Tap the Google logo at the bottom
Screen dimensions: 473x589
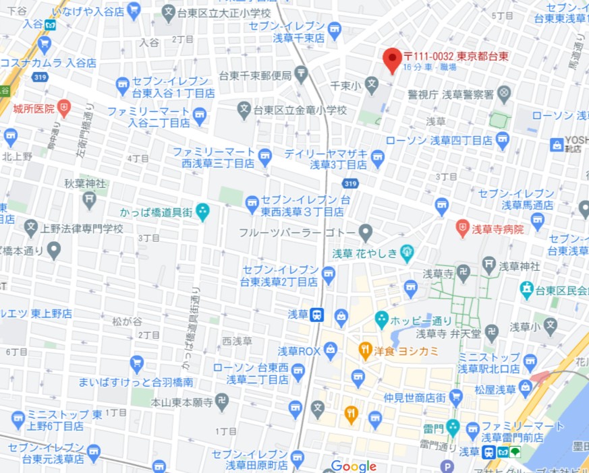pyautogui.click(x=354, y=466)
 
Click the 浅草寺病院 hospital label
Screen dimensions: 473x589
pyautogui.click(x=499, y=229)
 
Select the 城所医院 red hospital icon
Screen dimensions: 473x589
pyautogui.click(x=64, y=106)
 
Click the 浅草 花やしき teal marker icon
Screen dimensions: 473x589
pyautogui.click(x=407, y=253)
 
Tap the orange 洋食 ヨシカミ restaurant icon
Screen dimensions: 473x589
pyautogui.click(x=365, y=350)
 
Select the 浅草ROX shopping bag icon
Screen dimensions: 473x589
pyautogui.click(x=330, y=350)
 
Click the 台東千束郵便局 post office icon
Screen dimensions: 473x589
pyautogui.click(x=301, y=75)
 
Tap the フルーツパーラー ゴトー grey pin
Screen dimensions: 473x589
pyautogui.click(x=365, y=232)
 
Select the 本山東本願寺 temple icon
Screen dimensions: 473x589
pyautogui.click(x=222, y=402)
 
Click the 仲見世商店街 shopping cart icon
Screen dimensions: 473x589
pyautogui.click(x=456, y=396)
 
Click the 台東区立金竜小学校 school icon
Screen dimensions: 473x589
pyautogui.click(x=244, y=109)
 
